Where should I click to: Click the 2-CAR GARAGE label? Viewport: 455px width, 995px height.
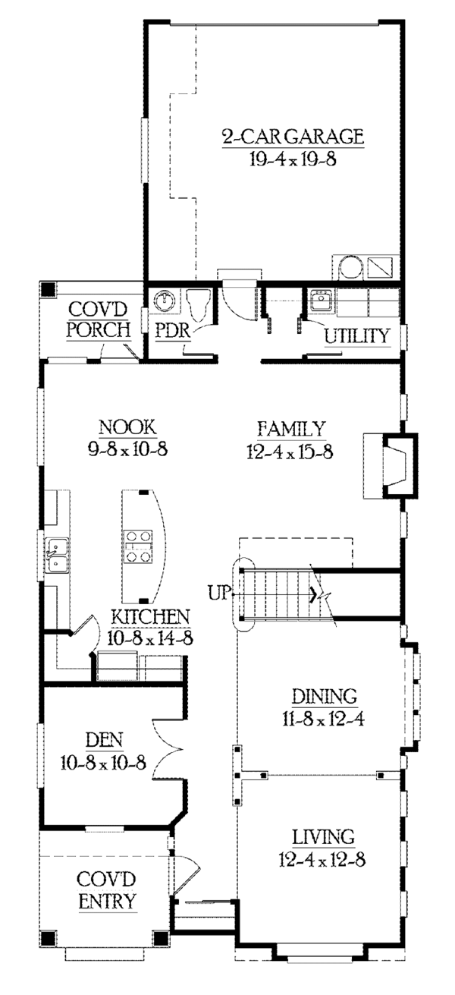pos(293,137)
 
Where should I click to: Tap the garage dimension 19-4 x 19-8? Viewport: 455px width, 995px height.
pos(293,159)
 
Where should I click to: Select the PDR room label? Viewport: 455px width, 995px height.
pos(173,330)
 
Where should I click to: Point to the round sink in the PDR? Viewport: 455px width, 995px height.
pos(165,301)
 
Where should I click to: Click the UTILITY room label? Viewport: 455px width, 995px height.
pos(357,335)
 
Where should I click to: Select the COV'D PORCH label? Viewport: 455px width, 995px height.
pos(99,319)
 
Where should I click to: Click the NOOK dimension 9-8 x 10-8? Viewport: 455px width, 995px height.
pos(128,449)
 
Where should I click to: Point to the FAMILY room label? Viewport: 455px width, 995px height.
pos(292,429)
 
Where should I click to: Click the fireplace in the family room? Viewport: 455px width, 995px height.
pos(391,465)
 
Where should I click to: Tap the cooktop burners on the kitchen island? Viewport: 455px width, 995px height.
pos(138,546)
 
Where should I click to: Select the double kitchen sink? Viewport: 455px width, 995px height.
pos(58,556)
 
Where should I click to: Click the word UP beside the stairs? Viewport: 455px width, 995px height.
pos(219,593)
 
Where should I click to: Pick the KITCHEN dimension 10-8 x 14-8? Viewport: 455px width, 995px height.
pos(150,638)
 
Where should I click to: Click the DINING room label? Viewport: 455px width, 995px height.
pos(324,696)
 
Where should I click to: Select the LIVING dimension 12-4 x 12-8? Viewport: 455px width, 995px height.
pos(322,860)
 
